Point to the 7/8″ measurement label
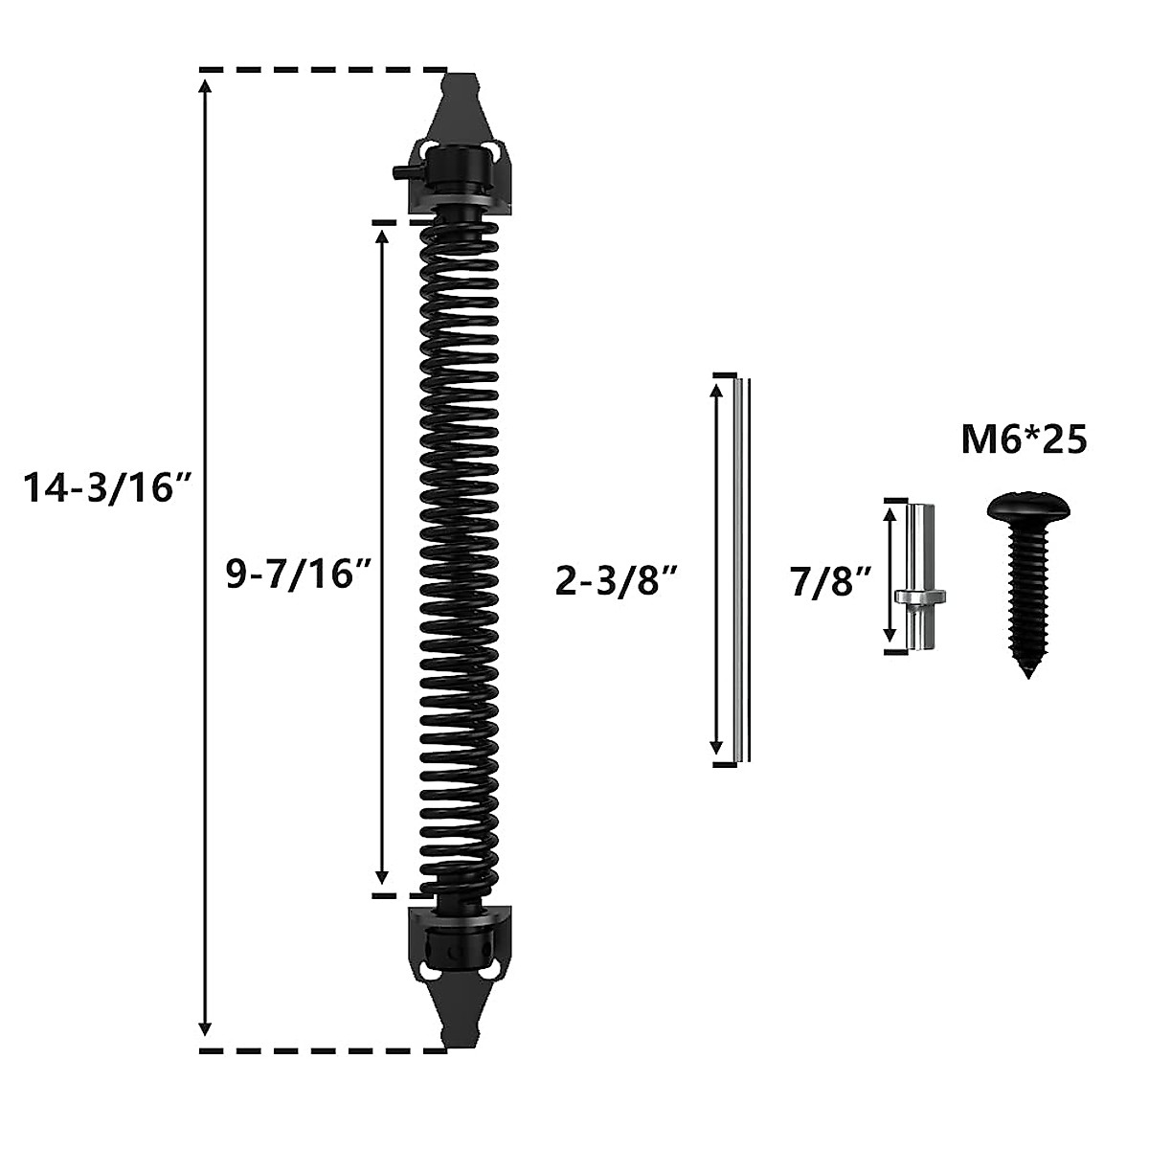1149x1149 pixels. click(x=831, y=580)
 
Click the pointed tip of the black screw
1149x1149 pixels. click(x=1028, y=673)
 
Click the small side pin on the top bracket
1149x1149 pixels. click(x=397, y=172)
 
